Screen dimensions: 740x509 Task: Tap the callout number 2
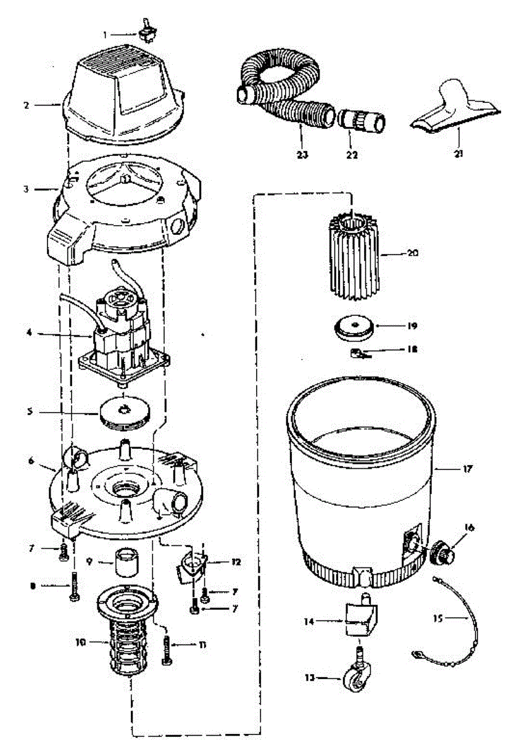tap(27, 105)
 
